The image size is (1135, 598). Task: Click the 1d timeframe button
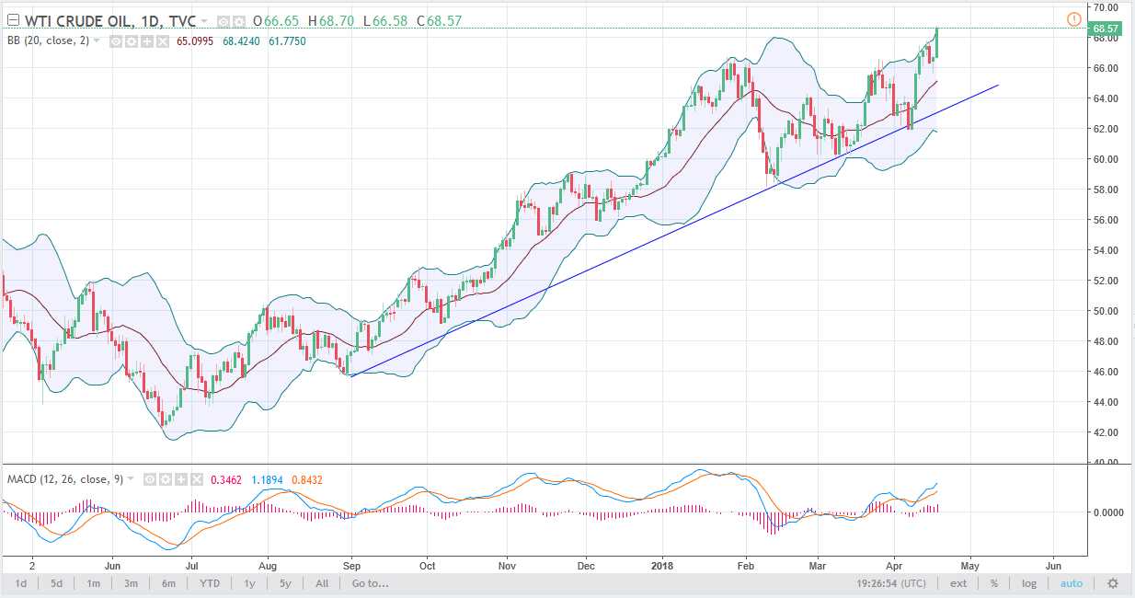pyautogui.click(x=20, y=583)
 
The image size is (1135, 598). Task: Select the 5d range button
pyautogui.click(x=57, y=583)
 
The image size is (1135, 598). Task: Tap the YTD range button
pyautogui.click(x=209, y=583)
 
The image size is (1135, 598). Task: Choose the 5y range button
pyautogui.click(x=285, y=583)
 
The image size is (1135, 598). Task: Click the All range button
pyautogui.click(x=322, y=583)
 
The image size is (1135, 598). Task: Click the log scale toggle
pyautogui.click(x=1028, y=583)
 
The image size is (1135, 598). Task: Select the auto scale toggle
pyautogui.click(x=1072, y=583)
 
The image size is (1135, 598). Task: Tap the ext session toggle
pyautogui.click(x=958, y=583)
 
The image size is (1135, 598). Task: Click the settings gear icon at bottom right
pyautogui.click(x=1112, y=583)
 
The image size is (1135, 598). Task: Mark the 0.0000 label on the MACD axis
pyautogui.click(x=1107, y=512)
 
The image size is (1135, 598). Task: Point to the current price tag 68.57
pyautogui.click(x=1105, y=29)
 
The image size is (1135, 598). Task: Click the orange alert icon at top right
pyautogui.click(x=1072, y=18)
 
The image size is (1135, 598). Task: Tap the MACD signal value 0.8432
pyautogui.click(x=306, y=479)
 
